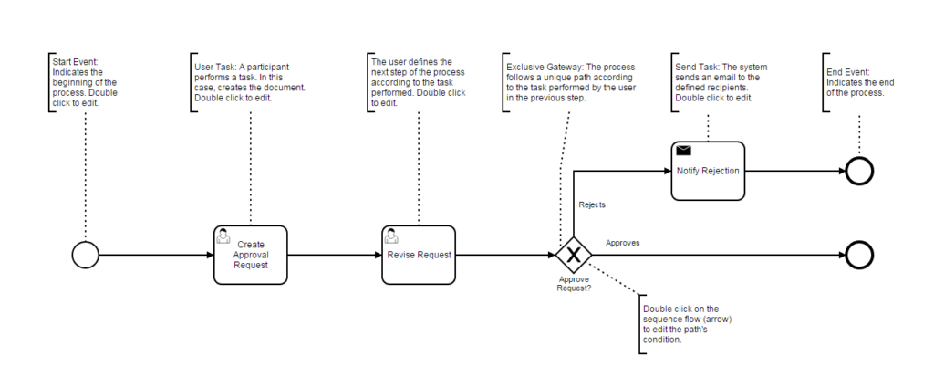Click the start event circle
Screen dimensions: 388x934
[x=85, y=255]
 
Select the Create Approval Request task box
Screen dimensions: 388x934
[x=250, y=255]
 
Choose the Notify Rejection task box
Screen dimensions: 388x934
[x=708, y=171]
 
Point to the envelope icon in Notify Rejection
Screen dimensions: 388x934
[x=684, y=150]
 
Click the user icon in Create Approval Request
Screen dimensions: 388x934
[x=223, y=236]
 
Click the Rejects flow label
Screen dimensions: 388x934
[x=592, y=205]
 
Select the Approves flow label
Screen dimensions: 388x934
[x=622, y=243]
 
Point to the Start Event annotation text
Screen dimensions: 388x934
[x=84, y=82]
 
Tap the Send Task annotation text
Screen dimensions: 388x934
[x=721, y=82]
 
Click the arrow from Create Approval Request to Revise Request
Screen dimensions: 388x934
[x=334, y=255]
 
